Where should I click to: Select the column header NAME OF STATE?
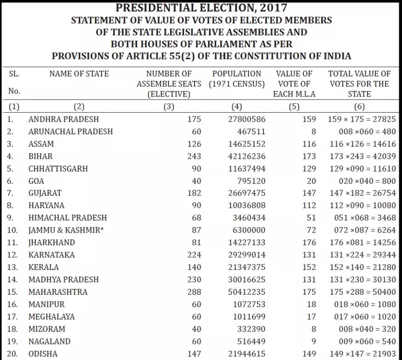79,74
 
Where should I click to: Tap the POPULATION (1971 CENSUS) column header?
236,79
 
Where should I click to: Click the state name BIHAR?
40,156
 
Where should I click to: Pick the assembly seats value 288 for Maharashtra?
194,292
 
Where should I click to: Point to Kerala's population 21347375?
247,267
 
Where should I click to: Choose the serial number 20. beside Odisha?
13,354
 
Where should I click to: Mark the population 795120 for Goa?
251,181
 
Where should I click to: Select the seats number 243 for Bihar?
194,156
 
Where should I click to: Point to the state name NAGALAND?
49,341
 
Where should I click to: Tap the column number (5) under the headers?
294,107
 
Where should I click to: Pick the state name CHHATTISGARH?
58,169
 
